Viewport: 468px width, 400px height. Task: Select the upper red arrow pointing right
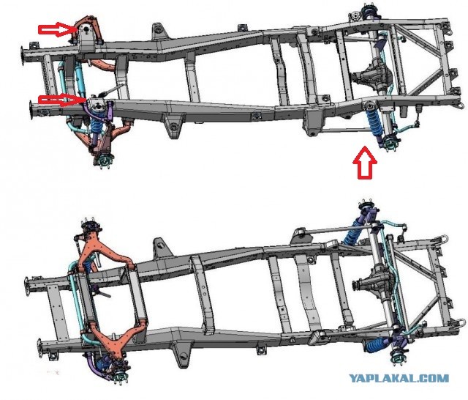point(58,29)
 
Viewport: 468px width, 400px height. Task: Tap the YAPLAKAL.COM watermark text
point(399,378)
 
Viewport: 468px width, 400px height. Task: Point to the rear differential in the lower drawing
point(372,283)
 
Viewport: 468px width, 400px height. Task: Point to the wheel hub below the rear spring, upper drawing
point(389,142)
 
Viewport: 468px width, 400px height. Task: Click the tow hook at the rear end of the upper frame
point(461,105)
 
